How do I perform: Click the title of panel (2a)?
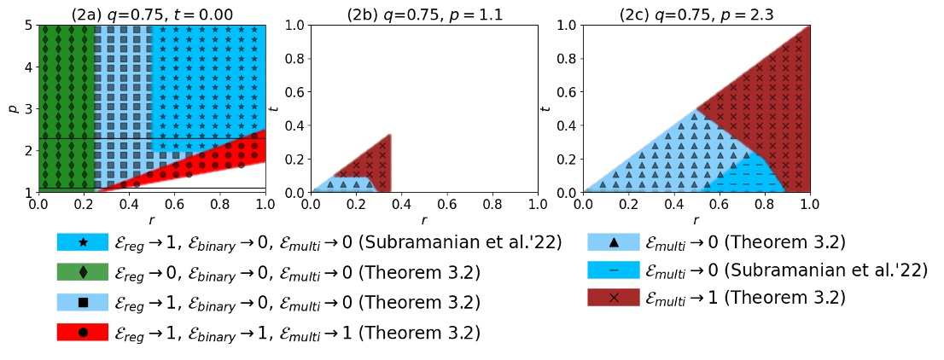click(151, 14)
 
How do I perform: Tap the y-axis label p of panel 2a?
click(12, 109)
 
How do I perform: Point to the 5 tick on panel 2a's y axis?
click(28, 26)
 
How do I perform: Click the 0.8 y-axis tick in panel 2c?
click(566, 59)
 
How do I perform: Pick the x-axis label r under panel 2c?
click(696, 221)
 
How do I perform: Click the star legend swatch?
click(83, 242)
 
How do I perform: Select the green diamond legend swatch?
click(83, 272)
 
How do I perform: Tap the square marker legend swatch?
click(83, 302)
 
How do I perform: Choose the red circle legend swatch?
click(83, 332)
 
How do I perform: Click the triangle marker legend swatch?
click(614, 242)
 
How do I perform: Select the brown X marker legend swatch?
click(614, 298)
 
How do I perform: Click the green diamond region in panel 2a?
click(67, 102)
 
